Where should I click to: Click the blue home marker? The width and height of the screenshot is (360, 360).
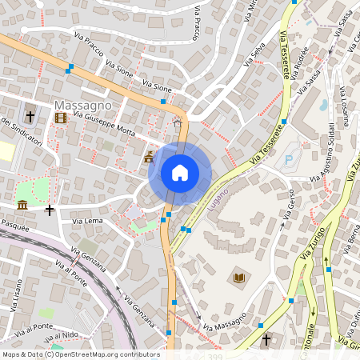[180, 173]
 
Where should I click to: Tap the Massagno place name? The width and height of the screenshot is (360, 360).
[82, 106]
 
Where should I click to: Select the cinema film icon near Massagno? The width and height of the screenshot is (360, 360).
[62, 118]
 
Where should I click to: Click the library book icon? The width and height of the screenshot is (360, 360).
[238, 278]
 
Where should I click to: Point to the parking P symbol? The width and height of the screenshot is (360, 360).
[288, 159]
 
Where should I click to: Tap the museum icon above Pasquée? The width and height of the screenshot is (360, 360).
[22, 206]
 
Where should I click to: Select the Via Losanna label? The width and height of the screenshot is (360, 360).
[342, 105]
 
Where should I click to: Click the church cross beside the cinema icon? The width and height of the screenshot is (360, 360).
[30, 117]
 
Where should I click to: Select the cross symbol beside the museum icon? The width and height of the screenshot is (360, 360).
[50, 210]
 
